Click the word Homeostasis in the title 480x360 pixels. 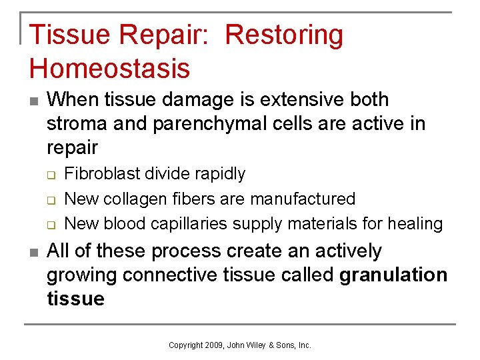point(109,68)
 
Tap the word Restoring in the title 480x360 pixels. point(285,35)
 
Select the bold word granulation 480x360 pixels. point(393,275)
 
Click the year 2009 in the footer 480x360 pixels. point(214,345)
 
